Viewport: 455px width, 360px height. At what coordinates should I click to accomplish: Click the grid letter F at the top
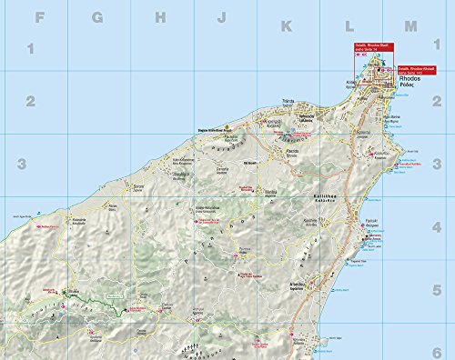(x=36, y=15)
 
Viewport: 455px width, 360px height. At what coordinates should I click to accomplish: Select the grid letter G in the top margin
(x=98, y=15)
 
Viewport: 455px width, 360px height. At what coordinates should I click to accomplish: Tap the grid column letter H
(x=160, y=15)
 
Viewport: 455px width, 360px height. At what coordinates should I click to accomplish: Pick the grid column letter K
(x=286, y=15)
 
